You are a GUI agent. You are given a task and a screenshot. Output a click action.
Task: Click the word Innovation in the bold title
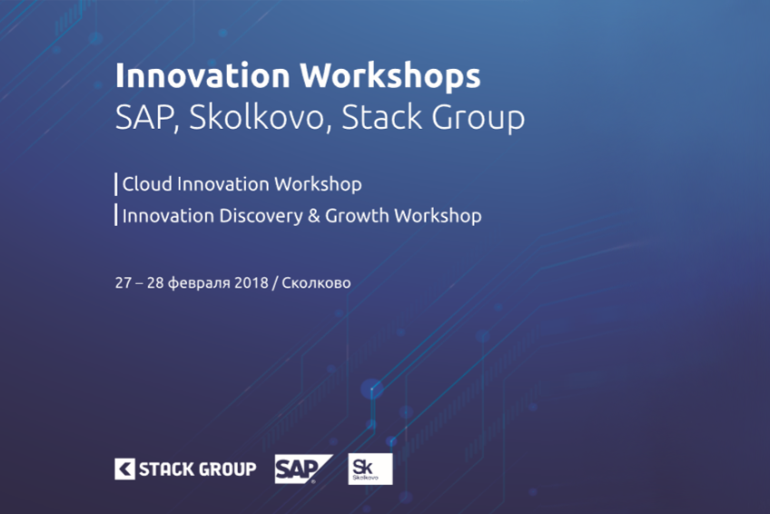[202, 75]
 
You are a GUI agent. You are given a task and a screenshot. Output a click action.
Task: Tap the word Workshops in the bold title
[390, 76]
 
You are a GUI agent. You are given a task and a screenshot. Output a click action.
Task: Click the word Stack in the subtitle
[381, 117]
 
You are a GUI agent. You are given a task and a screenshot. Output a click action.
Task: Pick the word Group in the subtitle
[479, 120]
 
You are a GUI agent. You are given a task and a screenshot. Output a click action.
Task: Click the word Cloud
[147, 184]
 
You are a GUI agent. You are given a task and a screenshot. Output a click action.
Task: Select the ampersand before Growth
[314, 216]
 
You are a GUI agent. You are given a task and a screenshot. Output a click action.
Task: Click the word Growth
[357, 215]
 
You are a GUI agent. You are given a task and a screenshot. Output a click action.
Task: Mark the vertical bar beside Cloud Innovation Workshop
[116, 184]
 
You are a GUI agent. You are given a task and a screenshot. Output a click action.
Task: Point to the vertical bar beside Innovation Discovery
[116, 215]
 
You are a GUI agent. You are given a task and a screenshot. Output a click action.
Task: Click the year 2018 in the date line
[252, 282]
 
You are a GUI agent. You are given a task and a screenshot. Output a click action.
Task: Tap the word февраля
[199, 283]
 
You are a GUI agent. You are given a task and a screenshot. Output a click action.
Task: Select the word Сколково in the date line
[316, 282]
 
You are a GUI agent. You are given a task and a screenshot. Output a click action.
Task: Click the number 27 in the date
[123, 282]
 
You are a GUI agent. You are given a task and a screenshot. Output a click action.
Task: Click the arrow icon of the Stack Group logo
[124, 469]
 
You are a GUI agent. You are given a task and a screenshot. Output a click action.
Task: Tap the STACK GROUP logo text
[197, 470]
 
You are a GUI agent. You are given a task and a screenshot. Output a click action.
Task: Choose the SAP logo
[303, 469]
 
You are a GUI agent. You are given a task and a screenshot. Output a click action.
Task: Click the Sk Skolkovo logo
[370, 469]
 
